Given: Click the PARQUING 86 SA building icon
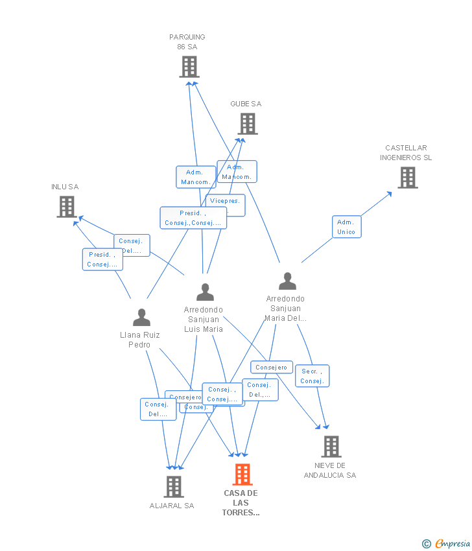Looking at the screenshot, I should click(x=189, y=67).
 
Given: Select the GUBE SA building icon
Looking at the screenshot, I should click(x=247, y=123).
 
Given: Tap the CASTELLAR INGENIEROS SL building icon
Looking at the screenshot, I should click(x=407, y=177).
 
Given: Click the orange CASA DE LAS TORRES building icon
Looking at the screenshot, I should click(x=242, y=475).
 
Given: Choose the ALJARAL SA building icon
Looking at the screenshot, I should click(x=173, y=486).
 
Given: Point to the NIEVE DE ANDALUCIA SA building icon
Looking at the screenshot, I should click(x=331, y=446).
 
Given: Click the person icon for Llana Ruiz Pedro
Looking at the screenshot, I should click(x=141, y=317).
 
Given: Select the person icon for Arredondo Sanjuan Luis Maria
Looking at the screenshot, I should click(x=205, y=292).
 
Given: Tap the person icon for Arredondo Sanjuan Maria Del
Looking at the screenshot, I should click(x=287, y=281).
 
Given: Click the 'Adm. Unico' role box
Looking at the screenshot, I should click(x=346, y=227).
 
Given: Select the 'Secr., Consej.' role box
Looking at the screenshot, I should click(x=312, y=376).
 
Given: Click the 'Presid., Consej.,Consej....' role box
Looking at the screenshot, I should click(x=193, y=218).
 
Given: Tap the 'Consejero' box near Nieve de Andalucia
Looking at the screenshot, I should click(x=272, y=367).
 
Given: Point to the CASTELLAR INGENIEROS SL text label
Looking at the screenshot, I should click(x=406, y=153).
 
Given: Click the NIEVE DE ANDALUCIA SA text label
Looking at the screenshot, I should click(x=330, y=471).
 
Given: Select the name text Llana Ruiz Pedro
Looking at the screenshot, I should click(x=139, y=340).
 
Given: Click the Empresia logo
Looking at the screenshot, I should click(x=447, y=543).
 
